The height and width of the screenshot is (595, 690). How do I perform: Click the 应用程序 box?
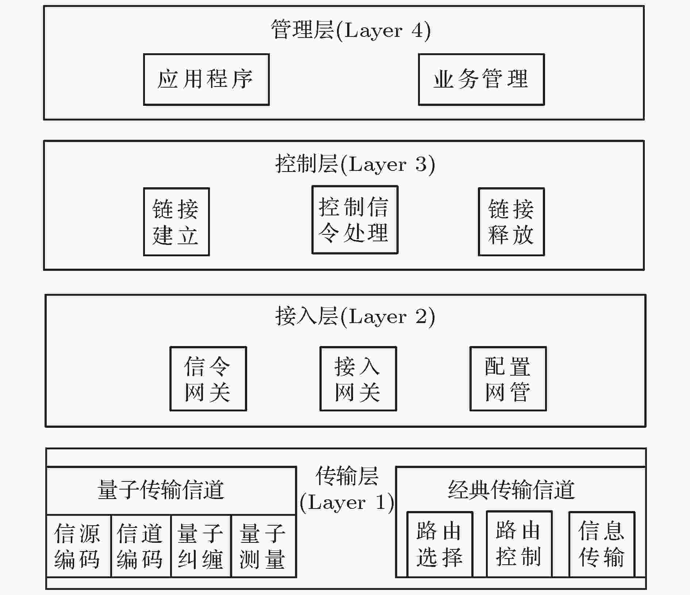pos(206,80)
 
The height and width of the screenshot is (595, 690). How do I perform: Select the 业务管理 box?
pos(481,80)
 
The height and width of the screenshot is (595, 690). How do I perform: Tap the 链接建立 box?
pos(176,222)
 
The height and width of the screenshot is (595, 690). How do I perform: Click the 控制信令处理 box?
pos(355,220)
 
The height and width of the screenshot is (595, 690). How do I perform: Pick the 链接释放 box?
pos(511,222)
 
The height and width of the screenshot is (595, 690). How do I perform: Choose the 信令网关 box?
pos(208,379)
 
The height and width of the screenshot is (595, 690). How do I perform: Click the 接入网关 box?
pos(358,379)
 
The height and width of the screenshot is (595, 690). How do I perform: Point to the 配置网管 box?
pos(508,379)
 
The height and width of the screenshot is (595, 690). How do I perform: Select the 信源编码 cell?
pos(79,546)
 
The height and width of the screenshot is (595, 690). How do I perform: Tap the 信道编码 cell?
pos(141,546)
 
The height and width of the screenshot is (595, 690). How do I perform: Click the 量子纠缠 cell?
pos(201,546)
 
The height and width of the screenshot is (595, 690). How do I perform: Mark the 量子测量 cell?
pos(264,546)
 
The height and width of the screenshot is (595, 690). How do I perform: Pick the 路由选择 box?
pos(440,544)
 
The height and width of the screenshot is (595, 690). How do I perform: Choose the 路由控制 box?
pos(519,544)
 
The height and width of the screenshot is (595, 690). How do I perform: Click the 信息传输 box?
pos(602,544)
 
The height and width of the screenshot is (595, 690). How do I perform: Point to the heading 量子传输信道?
pos(161,490)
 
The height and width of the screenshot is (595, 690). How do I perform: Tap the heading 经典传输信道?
pos(511,490)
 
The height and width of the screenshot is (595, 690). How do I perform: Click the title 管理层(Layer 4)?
pos(351,30)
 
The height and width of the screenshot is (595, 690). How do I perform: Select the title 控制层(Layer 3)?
pos(355,164)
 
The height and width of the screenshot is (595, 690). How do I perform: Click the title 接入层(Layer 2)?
pos(355,316)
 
